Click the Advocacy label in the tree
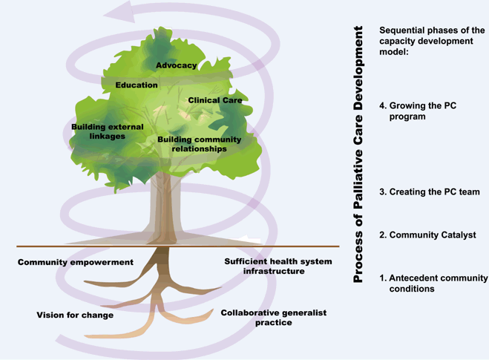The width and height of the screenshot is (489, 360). coord(177,65)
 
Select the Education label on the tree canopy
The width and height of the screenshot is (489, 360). coord(137,85)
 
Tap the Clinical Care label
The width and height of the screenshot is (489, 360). coord(215,100)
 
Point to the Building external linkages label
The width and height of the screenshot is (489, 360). coord(102,132)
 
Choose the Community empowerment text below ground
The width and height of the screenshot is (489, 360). coord(76,262)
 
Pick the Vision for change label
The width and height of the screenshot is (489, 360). coord(75,315)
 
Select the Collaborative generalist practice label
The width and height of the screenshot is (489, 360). coord(274,318)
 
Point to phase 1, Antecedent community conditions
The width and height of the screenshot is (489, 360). coord(433,283)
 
